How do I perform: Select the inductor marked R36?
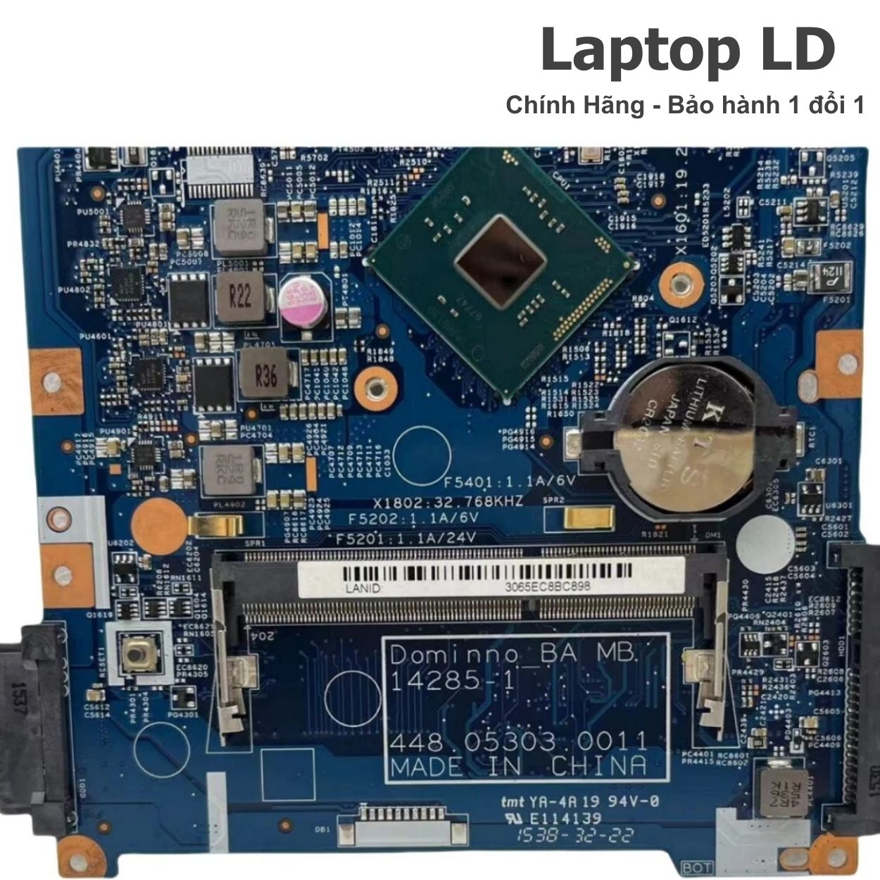click(x=264, y=376)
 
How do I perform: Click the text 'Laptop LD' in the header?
click(x=687, y=51)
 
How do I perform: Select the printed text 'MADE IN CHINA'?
click(x=517, y=765)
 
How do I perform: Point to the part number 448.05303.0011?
click(x=518, y=741)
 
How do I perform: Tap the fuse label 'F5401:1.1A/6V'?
click(x=510, y=482)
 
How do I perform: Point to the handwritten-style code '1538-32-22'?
click(x=574, y=836)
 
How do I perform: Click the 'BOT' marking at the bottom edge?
click(x=697, y=867)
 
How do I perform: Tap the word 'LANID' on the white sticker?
click(x=363, y=587)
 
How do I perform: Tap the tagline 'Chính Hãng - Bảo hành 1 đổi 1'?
click(x=684, y=106)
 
